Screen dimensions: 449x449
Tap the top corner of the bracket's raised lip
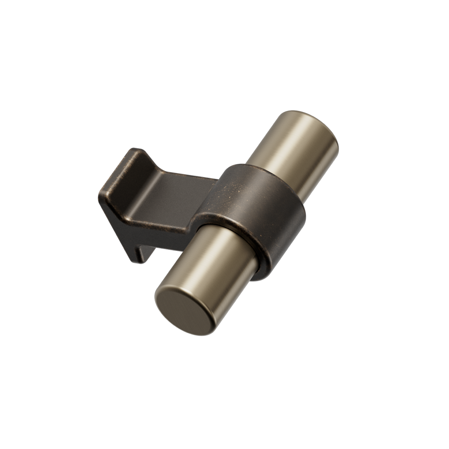coord(133,150)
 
